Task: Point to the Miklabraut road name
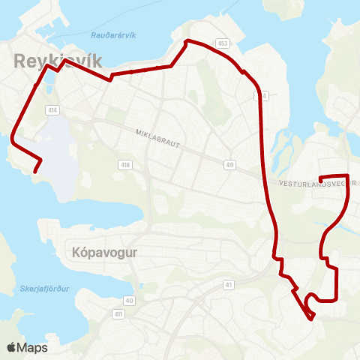click(x=158, y=140)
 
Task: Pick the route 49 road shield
click(x=229, y=165)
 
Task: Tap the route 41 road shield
click(x=228, y=285)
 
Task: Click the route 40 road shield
click(x=130, y=300)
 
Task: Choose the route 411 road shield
click(x=118, y=313)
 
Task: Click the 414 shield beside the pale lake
click(x=52, y=109)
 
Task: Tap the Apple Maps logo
click(x=26, y=347)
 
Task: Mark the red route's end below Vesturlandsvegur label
click(x=321, y=178)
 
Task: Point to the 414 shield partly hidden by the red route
click(x=259, y=96)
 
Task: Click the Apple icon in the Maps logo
click(x=11, y=347)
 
